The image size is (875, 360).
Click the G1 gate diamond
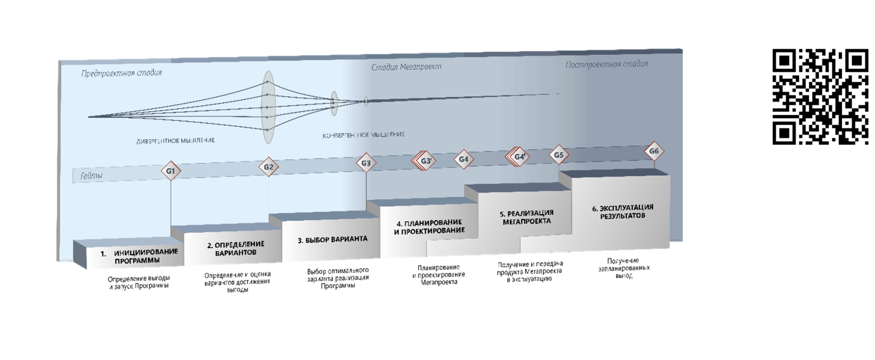point(170,171)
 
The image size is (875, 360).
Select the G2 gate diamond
point(268,167)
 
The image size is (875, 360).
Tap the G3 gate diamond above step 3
point(366,163)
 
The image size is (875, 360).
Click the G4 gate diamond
point(463,159)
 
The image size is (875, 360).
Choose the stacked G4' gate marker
point(518,157)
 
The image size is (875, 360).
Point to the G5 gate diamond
point(559,155)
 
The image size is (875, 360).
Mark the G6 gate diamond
point(654,151)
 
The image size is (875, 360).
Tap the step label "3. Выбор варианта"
point(332,240)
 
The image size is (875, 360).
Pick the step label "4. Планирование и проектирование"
point(429,226)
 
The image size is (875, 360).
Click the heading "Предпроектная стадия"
point(121,73)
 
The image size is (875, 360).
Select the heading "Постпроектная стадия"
point(607,64)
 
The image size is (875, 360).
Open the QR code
point(820,97)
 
